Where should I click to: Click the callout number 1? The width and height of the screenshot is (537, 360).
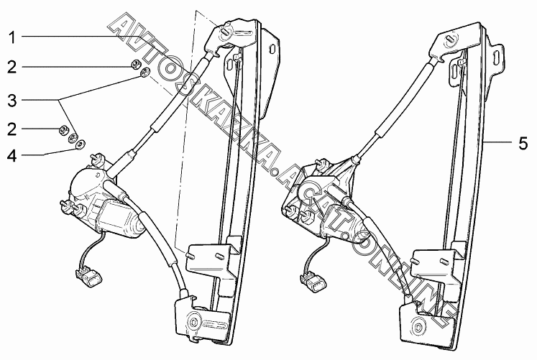click(13, 36)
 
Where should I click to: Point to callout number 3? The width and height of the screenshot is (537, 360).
click(13, 98)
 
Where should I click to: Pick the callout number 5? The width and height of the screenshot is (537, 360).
click(523, 143)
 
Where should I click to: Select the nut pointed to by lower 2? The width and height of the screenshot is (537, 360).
click(63, 130)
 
